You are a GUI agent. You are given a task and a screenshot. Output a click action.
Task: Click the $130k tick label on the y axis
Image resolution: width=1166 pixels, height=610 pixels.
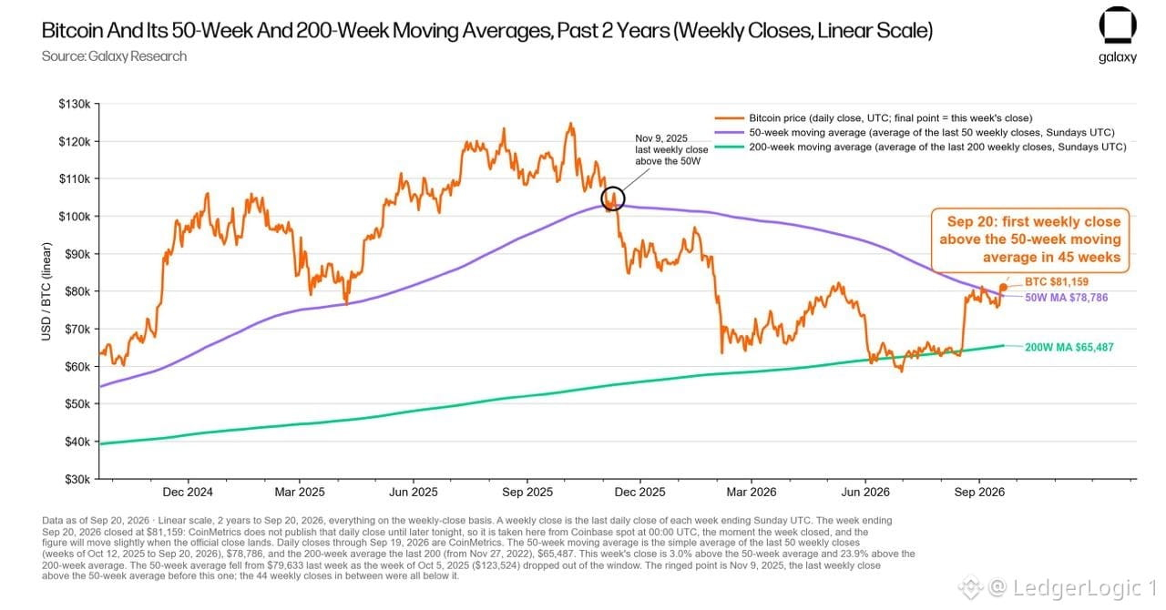[75, 104]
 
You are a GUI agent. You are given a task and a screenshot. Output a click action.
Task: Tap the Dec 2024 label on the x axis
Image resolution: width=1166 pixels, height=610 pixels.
[188, 492]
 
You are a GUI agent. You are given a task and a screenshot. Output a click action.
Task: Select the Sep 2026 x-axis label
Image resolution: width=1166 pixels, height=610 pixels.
[979, 492]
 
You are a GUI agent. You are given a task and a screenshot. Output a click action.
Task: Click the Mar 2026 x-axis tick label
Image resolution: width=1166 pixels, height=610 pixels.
[752, 492]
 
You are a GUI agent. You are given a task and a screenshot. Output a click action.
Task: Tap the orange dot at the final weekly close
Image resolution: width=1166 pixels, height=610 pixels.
[1003, 288]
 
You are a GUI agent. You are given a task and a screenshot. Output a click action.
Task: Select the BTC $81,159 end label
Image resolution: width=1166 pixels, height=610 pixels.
[1057, 281]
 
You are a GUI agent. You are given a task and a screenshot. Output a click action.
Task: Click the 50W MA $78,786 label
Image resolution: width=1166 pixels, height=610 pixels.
[1066, 298]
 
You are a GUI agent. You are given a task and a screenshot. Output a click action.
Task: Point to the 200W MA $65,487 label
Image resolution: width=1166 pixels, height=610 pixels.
[1069, 347]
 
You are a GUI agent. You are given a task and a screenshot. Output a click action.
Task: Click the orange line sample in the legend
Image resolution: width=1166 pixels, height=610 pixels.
[729, 118]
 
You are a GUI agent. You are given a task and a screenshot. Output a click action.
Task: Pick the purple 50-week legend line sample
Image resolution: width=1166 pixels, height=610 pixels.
[729, 133]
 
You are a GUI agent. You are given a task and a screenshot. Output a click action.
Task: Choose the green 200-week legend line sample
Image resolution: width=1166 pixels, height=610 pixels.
[729, 147]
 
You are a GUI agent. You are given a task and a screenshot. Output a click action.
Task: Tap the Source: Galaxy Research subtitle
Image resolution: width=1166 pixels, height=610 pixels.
[114, 56]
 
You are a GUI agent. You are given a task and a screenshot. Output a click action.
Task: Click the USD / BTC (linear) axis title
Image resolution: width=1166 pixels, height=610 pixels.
[46, 291]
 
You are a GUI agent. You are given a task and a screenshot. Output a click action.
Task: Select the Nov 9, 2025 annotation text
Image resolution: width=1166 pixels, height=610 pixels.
[671, 150]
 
